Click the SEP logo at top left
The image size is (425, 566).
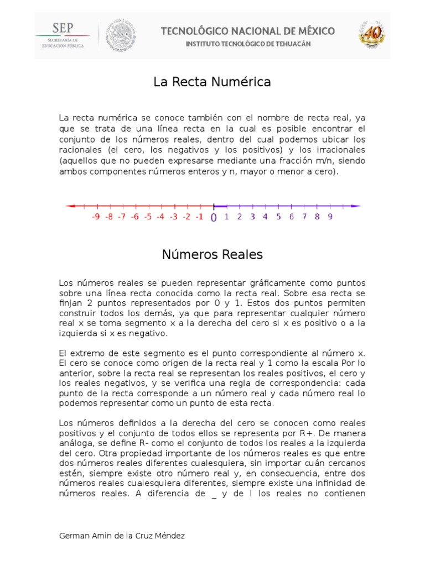pyautogui.click(x=63, y=35)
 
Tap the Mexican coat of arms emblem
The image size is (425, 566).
pyautogui.click(x=120, y=35)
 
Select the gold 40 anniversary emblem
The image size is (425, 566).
pyautogui.click(x=371, y=35)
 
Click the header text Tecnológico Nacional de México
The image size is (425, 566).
pyautogui.click(x=247, y=31)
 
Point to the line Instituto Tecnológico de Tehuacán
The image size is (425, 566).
pyautogui.click(x=247, y=43)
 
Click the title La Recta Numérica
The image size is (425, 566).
pyautogui.click(x=212, y=82)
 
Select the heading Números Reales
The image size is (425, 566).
pyautogui.click(x=212, y=255)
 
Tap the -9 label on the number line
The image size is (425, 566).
pyautogui.click(x=95, y=217)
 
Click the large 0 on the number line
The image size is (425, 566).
pyautogui.click(x=214, y=218)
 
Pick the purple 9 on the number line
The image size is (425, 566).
pyautogui.click(x=330, y=217)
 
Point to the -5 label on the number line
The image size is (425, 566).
pyautogui.click(x=147, y=217)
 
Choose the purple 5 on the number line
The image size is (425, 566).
pyautogui.click(x=278, y=217)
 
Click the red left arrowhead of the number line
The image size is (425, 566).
pyautogui.click(x=69, y=206)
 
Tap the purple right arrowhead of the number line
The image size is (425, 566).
pyautogui.click(x=357, y=206)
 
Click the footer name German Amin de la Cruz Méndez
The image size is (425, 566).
pyautogui.click(x=122, y=536)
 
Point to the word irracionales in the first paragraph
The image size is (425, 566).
pyautogui.click(x=341, y=150)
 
